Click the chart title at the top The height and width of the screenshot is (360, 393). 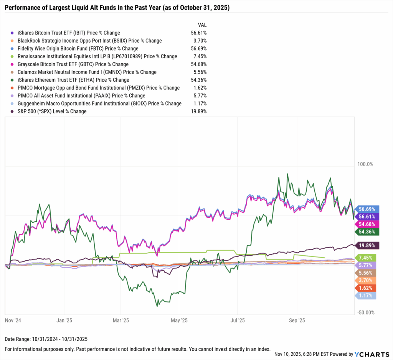pos(117,8)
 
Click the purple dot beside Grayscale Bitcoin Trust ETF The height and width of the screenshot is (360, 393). pos(13,64)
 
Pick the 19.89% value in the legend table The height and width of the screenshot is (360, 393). pos(198,111)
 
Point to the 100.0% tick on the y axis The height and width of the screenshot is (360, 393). pos(365,164)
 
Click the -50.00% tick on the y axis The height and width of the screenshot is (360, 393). pos(365,312)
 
